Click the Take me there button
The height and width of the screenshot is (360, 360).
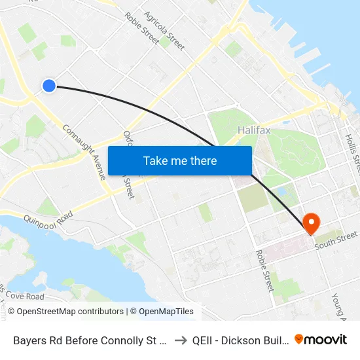180,160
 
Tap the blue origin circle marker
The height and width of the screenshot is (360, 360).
49,85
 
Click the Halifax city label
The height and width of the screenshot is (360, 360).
253,130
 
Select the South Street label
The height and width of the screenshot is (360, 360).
336,240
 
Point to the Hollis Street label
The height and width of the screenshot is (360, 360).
352,150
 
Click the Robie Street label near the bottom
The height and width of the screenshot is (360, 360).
264,270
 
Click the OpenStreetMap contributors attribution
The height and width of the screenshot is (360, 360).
65,312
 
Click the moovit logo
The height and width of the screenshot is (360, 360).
321,339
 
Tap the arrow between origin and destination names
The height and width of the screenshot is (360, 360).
179,340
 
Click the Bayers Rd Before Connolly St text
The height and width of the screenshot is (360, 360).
90,340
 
